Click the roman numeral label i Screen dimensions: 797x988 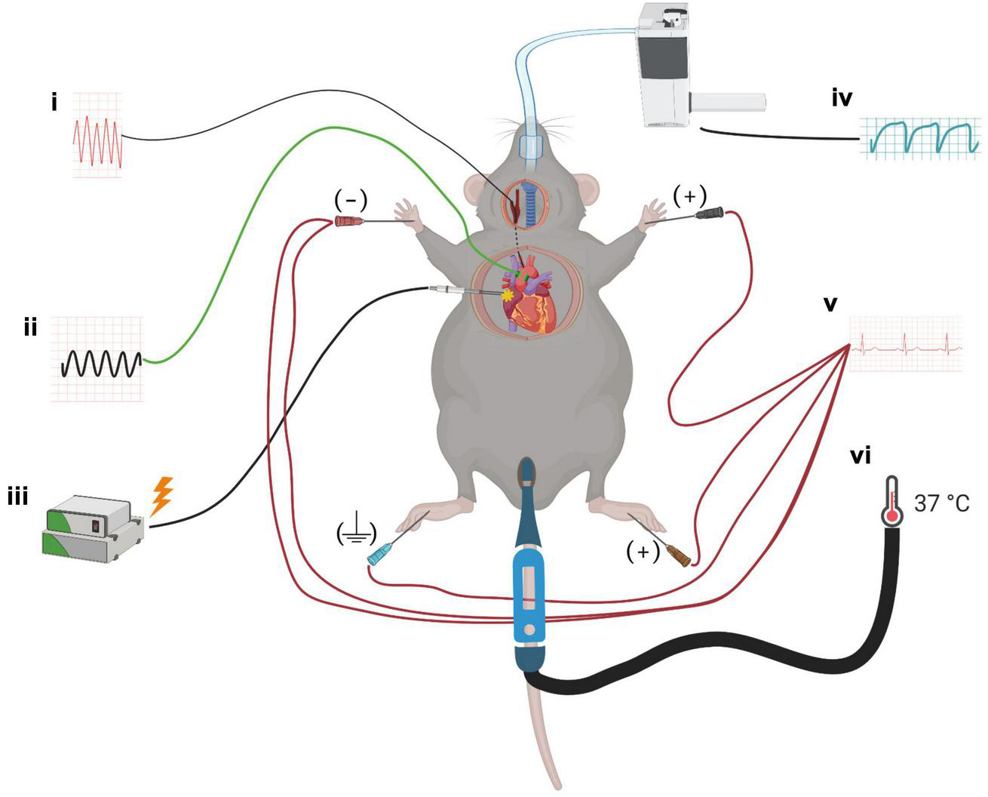pos(54,101)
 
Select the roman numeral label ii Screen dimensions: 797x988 pos(30,329)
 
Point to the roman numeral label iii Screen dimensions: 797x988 pos(17,497)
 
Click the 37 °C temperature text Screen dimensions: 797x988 pos(942,503)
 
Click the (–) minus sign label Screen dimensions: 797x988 pos(351,200)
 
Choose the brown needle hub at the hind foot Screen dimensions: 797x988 pos(680,557)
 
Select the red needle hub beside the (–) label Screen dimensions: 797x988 pos(346,221)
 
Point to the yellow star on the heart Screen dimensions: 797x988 pos(508,296)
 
